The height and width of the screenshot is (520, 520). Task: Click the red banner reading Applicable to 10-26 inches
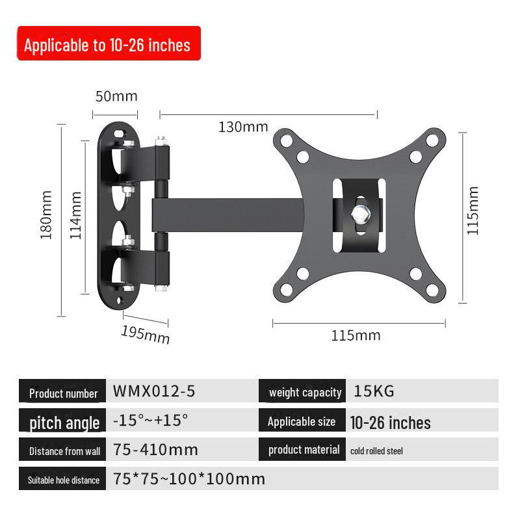(109, 43)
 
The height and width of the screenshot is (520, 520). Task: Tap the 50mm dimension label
(116, 96)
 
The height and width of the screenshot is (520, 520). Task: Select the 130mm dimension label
(243, 127)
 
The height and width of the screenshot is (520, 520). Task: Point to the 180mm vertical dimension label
(46, 214)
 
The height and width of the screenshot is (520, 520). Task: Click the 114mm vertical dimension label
(75, 215)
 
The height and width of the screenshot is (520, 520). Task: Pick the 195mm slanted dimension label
(146, 335)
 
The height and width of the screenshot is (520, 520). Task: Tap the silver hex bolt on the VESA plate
(361, 214)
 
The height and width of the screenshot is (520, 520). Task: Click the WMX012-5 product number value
(154, 391)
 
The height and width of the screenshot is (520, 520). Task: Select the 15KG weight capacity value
(374, 391)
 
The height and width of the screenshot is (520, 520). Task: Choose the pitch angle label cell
(62, 420)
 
